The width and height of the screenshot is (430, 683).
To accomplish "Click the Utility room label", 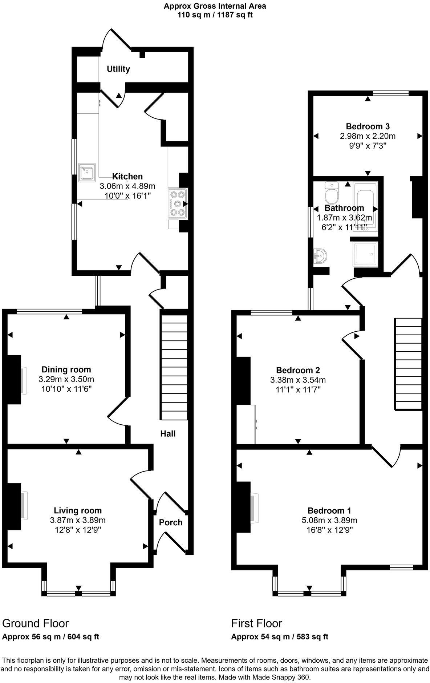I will coord(118,69).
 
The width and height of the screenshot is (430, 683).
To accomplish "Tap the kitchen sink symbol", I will coord(87,173).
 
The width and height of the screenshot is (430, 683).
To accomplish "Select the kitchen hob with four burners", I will coord(177,203).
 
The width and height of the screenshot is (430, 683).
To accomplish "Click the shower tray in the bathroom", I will coord(365,254).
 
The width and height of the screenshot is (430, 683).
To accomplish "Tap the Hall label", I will coord(168,433).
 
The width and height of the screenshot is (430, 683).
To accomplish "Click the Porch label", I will coord(171,522).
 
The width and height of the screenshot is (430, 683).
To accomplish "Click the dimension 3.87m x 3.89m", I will coord(78,520).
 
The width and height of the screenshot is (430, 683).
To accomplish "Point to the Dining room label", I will coord(66,369).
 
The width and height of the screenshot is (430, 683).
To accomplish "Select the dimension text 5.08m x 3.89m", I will coord(329,520).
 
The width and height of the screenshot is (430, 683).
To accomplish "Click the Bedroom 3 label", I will coord(368,126).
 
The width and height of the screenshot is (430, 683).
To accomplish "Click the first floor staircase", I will coord(408,363).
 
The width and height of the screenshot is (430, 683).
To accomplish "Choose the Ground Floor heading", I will coord(35,623).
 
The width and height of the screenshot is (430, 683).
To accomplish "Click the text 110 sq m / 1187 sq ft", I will coord(215,15).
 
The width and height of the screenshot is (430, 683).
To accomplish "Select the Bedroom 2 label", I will coord(298,370).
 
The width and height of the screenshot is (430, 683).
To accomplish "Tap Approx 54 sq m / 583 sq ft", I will coord(280,637).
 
